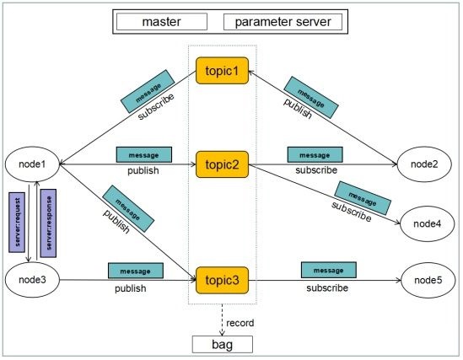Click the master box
[162, 22]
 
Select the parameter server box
[283, 22]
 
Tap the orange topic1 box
[222, 71]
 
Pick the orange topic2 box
[222, 164]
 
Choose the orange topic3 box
[222, 280]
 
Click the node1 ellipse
[32, 164]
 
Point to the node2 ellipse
[424, 164]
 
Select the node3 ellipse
[32, 280]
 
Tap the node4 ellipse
[427, 223]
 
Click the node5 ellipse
[428, 280]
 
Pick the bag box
[223, 344]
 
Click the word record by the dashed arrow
[240, 323]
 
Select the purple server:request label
[17, 223]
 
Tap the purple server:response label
[48, 223]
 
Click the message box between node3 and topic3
[136, 271]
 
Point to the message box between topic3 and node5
[329, 270]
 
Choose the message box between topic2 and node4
[363, 198]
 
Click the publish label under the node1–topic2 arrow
[143, 170]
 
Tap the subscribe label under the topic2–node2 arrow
[316, 170]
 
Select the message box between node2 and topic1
[311, 98]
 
